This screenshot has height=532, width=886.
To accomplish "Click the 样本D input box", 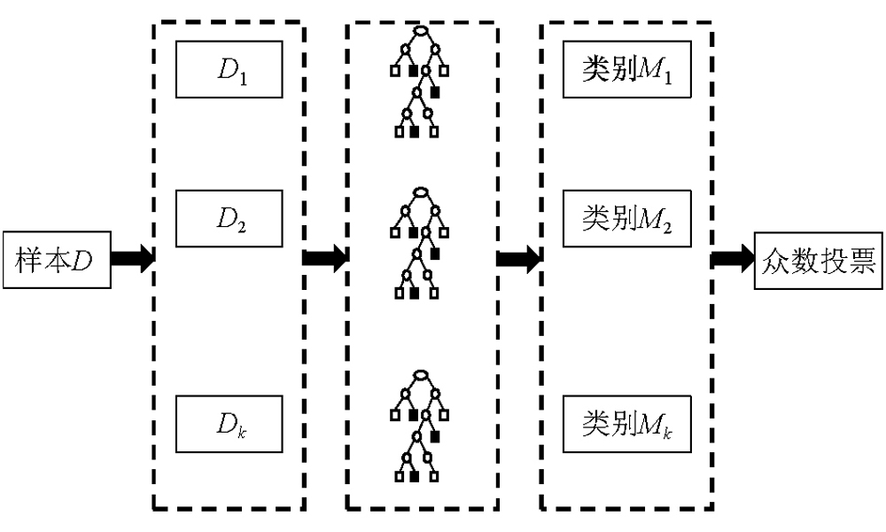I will (56, 260).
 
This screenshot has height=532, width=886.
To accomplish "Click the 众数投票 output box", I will (819, 260).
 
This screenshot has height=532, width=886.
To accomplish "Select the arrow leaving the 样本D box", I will (133, 260).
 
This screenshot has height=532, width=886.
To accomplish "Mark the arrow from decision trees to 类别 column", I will (518, 260).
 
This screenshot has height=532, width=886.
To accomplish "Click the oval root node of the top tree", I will (422, 33).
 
